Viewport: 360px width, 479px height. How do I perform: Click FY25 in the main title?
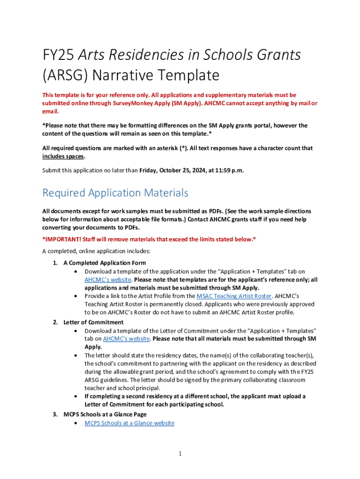(x=57, y=55)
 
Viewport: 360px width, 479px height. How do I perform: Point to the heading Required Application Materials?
(x=115, y=193)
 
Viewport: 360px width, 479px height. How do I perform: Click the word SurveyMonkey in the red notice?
(x=135, y=103)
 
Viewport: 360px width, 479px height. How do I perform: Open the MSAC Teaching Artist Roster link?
(x=234, y=296)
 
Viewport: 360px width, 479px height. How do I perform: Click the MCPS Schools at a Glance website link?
(x=129, y=423)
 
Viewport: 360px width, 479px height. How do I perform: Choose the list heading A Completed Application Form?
(x=104, y=263)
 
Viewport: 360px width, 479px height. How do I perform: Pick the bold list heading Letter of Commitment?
(x=94, y=322)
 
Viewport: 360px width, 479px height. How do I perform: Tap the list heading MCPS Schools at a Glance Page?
(x=105, y=414)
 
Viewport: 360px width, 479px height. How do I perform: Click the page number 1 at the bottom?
(x=180, y=453)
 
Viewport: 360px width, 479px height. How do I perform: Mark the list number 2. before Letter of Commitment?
(x=55, y=322)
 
